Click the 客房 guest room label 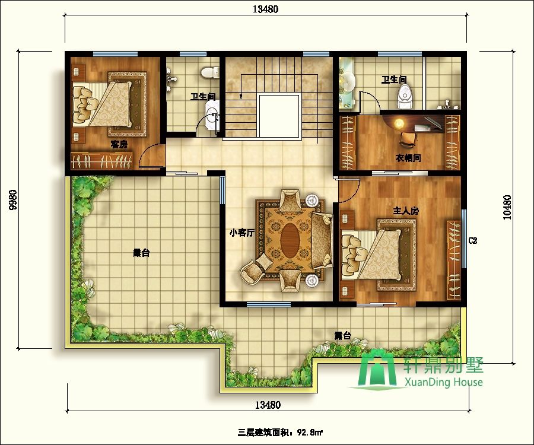pyautogui.click(x=119, y=144)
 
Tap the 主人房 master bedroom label pyautogui.click(x=406, y=211)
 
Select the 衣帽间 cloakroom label pyautogui.click(x=408, y=158)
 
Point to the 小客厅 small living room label pyautogui.click(x=242, y=233)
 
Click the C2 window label pyautogui.click(x=473, y=241)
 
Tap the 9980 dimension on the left pyautogui.click(x=12, y=200)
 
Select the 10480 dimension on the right pyautogui.click(x=507, y=207)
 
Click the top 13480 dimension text pyautogui.click(x=265, y=9)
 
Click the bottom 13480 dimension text pyautogui.click(x=268, y=405)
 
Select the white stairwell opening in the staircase pyautogui.click(x=279, y=116)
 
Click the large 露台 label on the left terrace pyautogui.click(x=141, y=253)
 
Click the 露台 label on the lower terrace pyautogui.click(x=342, y=336)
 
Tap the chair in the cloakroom pyautogui.click(x=408, y=139)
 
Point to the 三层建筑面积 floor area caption pyautogui.click(x=264, y=433)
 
